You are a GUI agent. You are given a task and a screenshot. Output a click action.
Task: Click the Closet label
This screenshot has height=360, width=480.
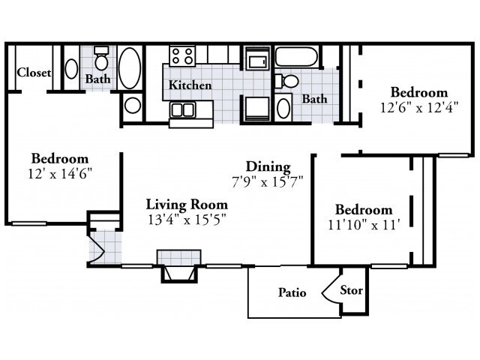pos(34,73)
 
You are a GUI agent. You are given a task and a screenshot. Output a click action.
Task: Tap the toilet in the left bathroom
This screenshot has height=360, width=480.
pos(101,58)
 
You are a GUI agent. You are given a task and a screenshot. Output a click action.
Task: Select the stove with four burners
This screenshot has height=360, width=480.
pos(182,55)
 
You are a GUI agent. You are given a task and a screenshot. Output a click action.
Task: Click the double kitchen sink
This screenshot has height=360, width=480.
pos(183,109)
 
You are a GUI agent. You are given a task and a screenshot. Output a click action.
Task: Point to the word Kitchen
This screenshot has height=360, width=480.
pos(190,85)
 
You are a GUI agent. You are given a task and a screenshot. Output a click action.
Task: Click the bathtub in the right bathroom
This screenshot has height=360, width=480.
pos(296,56)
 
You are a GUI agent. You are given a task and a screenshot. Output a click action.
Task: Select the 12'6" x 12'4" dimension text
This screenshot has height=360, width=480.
pos(419,108)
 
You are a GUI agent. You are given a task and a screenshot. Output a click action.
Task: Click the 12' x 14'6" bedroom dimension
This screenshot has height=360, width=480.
pos(60,174)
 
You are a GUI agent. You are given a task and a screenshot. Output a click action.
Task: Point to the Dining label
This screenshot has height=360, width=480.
pos(268,166)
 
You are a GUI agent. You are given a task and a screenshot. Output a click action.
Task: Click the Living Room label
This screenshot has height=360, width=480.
pos(187,205)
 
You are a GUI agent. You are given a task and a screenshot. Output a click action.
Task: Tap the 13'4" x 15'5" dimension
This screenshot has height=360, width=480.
pos(187,220)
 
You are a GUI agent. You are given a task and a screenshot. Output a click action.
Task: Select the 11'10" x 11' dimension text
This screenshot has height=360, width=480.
pos(364,225)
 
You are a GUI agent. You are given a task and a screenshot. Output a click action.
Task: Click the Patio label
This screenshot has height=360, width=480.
pos(292,292)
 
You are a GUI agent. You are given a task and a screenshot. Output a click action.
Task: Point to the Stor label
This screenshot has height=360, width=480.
pos(352,290)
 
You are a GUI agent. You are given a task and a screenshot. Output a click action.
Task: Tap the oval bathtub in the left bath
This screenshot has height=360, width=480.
pos(130,68)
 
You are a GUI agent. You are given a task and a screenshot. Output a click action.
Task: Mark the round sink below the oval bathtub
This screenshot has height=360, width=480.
pos(133,105)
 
